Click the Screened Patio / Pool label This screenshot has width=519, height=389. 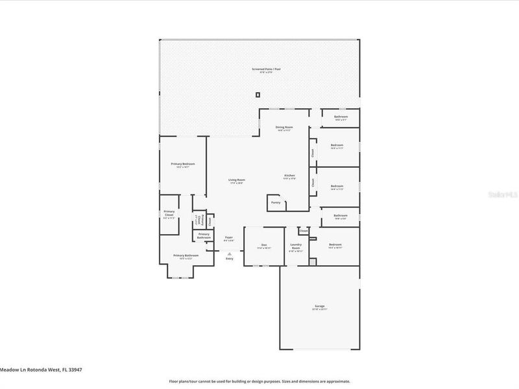pos(267,69)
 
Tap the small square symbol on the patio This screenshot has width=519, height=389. pos(258,95)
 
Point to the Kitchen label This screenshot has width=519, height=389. pos(289,176)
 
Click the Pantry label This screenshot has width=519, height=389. pos(274,202)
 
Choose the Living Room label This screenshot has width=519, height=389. pos(236,180)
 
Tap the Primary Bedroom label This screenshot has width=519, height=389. pos(183,165)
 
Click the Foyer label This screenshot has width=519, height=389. pos(228,237)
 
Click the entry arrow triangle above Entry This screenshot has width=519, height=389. pos(228,253)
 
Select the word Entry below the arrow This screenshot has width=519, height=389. pos(228,259)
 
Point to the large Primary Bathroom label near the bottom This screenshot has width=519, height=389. pos(186,256)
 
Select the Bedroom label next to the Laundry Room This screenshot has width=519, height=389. pos(335,245)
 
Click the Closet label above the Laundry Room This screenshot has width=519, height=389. pos(303,230)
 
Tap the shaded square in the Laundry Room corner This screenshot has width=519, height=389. pos(312,261)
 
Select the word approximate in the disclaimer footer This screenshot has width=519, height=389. pos(337,381)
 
